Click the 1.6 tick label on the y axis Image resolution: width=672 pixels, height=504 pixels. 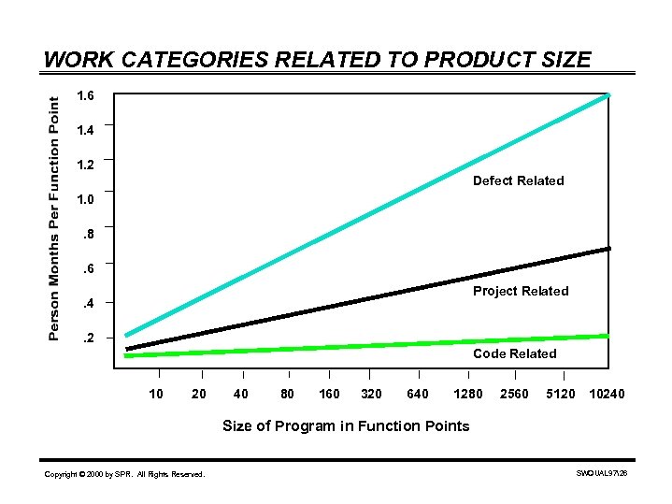point(86,96)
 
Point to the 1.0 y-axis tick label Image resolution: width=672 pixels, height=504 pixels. point(86,199)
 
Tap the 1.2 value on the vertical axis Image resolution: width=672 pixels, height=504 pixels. point(86,165)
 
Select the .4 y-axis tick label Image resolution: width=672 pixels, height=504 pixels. point(87,303)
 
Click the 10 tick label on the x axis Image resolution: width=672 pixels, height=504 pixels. point(156,394)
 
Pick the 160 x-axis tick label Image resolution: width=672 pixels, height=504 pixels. point(328,394)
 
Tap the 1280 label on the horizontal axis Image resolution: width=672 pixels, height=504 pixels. point(467,394)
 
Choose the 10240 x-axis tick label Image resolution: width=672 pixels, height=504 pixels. point(607,394)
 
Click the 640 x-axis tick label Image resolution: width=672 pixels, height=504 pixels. point(418,394)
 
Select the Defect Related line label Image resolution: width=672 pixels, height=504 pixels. point(518,180)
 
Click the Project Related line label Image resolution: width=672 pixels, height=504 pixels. point(521,291)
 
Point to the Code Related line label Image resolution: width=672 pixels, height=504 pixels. point(514,353)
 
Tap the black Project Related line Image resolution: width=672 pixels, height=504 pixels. point(374,297)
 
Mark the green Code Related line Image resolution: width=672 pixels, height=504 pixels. point(374,345)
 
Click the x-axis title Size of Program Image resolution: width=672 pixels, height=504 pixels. point(346,426)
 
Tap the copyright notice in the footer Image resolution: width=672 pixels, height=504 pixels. point(124,475)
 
